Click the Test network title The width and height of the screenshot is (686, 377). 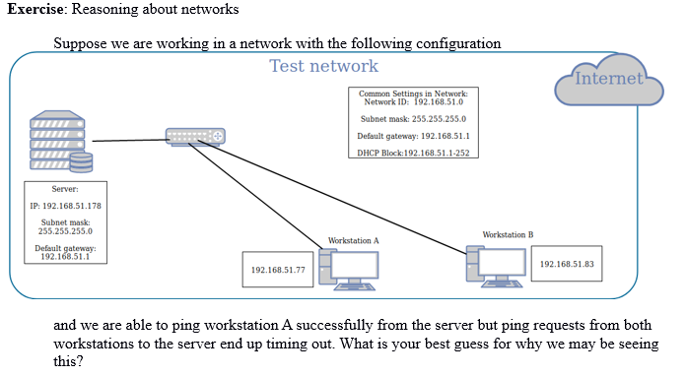tap(323, 66)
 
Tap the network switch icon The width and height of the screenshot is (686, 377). tap(195, 138)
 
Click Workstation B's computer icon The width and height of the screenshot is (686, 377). tap(498, 263)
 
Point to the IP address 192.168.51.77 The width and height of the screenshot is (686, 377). tap(277, 270)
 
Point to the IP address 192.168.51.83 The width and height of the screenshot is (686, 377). tap(569, 264)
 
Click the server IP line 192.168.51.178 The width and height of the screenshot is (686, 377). tap(65, 207)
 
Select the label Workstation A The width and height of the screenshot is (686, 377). tap(353, 240)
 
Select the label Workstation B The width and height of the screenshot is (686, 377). tap(508, 235)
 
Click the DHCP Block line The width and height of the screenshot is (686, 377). tap(412, 153)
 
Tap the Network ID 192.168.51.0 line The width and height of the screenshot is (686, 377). tap(412, 101)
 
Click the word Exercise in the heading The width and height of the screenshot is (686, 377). tap(38, 9)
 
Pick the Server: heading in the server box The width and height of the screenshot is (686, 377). tap(65, 188)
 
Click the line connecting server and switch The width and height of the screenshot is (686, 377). tap(128, 141)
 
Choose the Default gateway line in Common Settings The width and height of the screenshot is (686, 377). tap(412, 136)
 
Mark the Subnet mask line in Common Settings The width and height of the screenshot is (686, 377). tap(412, 118)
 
